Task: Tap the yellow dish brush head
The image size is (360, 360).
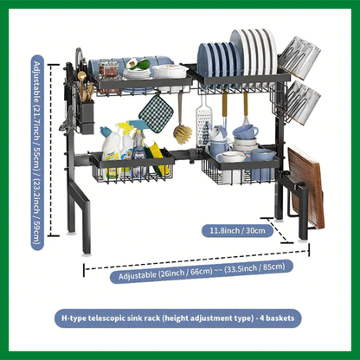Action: (181, 134)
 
